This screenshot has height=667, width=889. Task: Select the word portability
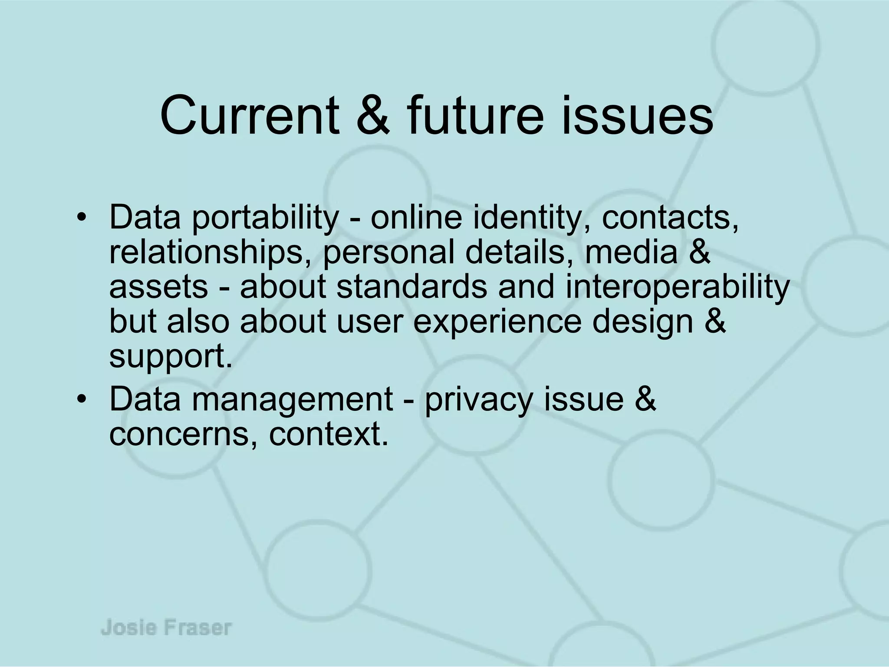click(265, 218)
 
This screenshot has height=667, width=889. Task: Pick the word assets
click(158, 287)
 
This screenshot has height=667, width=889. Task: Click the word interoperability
click(677, 287)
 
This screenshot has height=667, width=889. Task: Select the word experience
click(497, 322)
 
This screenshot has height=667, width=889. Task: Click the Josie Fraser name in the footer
click(166, 628)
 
